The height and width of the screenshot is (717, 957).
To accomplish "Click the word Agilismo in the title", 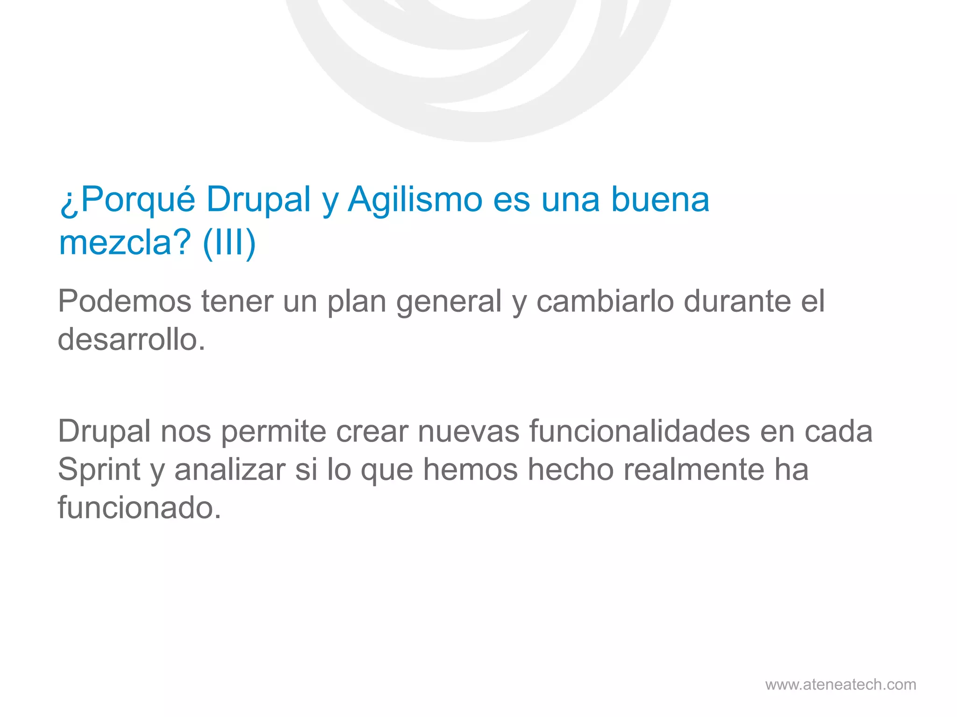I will [x=415, y=200].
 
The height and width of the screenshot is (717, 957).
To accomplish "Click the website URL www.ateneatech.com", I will [x=840, y=684].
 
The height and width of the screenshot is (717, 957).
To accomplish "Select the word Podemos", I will [x=124, y=301].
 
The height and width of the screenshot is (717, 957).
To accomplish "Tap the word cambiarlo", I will [x=605, y=301].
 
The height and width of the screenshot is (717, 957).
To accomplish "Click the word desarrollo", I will [x=131, y=339].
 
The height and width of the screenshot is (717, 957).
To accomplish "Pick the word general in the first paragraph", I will [x=449, y=302].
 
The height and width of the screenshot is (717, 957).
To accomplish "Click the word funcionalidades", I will [x=640, y=431].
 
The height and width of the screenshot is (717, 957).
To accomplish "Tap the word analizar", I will [x=229, y=470].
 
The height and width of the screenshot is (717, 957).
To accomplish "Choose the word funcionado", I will [x=139, y=508].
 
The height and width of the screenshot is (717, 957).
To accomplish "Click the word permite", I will [x=273, y=432].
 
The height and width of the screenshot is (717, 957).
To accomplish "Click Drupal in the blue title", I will [x=258, y=200].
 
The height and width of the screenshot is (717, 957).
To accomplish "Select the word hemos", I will [x=470, y=470].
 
